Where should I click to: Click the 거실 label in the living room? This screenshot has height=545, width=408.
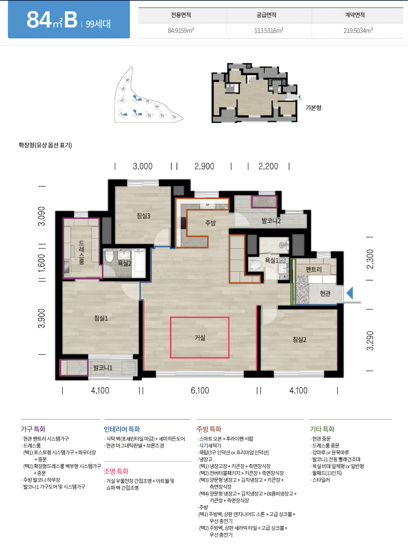(200, 338)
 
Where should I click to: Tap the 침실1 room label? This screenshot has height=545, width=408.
(101, 318)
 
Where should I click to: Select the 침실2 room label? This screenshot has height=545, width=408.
(299, 340)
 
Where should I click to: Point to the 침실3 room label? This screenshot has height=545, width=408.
(143, 216)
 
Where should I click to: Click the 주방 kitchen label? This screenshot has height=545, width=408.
(211, 223)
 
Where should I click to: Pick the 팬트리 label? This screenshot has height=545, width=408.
(314, 269)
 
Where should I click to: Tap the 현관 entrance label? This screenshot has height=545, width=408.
(325, 294)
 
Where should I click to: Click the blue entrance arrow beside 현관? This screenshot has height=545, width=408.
(350, 293)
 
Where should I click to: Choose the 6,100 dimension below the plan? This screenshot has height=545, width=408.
(200, 391)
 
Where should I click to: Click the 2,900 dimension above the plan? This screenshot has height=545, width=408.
(204, 166)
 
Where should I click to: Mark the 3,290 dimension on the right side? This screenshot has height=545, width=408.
(370, 341)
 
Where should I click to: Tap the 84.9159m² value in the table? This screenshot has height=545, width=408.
(181, 31)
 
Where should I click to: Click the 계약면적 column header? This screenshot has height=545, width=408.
(355, 15)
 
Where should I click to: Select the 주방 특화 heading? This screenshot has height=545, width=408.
(209, 429)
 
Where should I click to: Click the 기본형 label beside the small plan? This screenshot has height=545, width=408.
(313, 108)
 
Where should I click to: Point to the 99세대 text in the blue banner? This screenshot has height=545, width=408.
(98, 24)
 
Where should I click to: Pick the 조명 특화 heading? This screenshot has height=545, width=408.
(116, 471)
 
